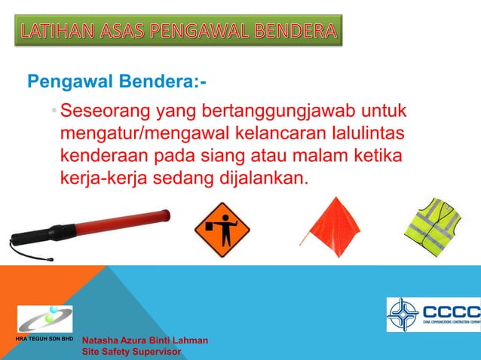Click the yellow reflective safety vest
[x=431, y=226]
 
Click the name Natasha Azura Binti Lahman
[x=145, y=341]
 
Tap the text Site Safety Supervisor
[x=133, y=352]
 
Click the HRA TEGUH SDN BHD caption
[x=43, y=340]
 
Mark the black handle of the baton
[x=35, y=242]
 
